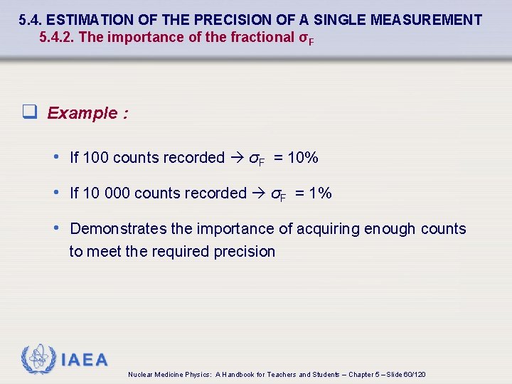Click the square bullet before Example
(x=29, y=112)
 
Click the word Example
(x=82, y=113)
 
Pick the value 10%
(x=303, y=158)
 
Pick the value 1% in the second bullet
(x=317, y=193)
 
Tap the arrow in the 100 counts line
(x=237, y=158)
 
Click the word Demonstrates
(x=119, y=229)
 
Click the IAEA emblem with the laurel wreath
(x=38, y=360)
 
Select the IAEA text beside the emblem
(x=85, y=361)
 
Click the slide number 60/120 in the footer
(x=415, y=375)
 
